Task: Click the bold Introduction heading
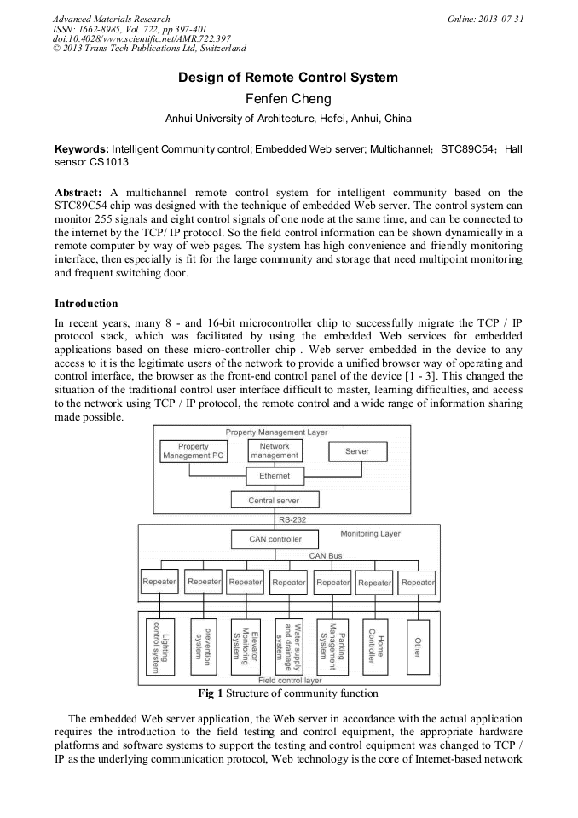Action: [86, 304]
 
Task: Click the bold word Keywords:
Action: [82, 148]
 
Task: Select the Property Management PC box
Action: [193, 451]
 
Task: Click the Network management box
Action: [275, 451]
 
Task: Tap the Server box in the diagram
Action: [357, 451]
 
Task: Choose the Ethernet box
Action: [275, 476]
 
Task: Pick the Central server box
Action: [274, 500]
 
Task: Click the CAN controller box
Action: [275, 539]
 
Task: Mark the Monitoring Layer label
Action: [370, 534]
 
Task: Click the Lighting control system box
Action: [159, 647]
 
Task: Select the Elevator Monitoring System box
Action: [245, 647]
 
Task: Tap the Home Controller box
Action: [376, 647]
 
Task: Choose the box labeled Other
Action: [418, 647]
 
